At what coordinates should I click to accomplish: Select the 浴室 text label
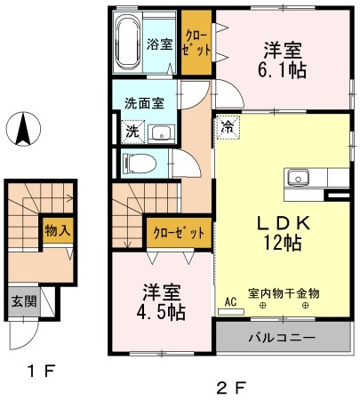point(160,42)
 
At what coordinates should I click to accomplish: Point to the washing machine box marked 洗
point(131,131)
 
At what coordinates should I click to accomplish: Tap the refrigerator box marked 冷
point(227,127)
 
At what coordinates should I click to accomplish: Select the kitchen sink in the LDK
point(297,175)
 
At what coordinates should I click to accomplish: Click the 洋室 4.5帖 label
point(162,300)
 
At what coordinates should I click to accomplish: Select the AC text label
point(230,301)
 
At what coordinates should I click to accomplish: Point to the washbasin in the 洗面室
point(160,133)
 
